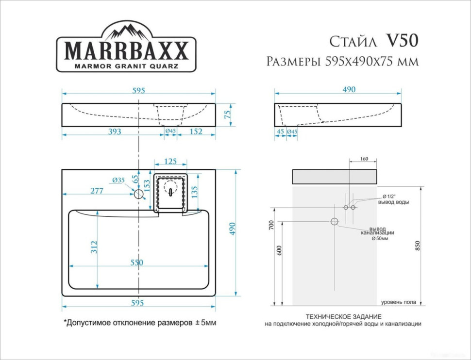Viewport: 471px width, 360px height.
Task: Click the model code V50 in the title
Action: click(401, 42)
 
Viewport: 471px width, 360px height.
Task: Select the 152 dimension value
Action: click(196, 132)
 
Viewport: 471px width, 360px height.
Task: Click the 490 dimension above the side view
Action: click(349, 89)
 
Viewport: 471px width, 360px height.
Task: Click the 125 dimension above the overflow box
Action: click(170, 161)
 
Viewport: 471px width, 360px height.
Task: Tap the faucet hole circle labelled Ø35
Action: click(139, 194)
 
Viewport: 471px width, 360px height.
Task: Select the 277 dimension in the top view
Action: click(97, 191)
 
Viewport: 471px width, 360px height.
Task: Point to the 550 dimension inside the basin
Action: click(136, 262)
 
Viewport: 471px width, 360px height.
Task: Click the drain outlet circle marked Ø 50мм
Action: click(334, 222)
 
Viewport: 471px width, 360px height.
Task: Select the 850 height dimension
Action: click(417, 246)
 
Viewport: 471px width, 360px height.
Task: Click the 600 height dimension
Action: click(278, 250)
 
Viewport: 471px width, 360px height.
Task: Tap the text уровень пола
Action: click(398, 302)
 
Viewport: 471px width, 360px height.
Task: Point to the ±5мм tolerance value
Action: click(205, 322)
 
